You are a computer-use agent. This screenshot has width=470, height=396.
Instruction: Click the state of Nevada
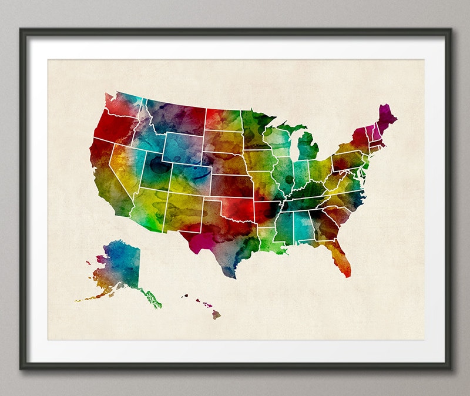click(x=126, y=165)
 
